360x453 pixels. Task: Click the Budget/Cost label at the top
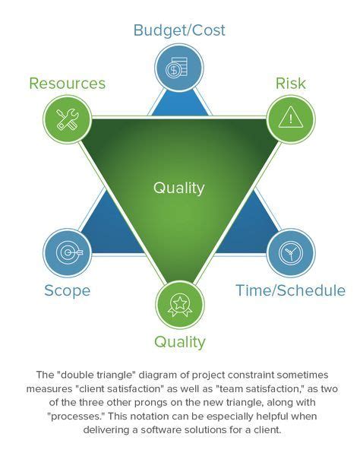(179, 30)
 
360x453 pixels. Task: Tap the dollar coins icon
(179, 68)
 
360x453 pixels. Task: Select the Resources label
(67, 83)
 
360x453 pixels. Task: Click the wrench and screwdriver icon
(67, 119)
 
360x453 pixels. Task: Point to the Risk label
(292, 83)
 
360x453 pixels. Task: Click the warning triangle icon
(291, 118)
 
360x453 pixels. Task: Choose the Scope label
(67, 290)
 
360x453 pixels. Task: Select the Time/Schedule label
(291, 290)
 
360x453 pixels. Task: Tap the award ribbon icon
(179, 304)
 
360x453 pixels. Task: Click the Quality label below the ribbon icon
(179, 341)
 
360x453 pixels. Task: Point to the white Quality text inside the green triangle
(179, 188)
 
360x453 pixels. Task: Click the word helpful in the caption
(263, 417)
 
